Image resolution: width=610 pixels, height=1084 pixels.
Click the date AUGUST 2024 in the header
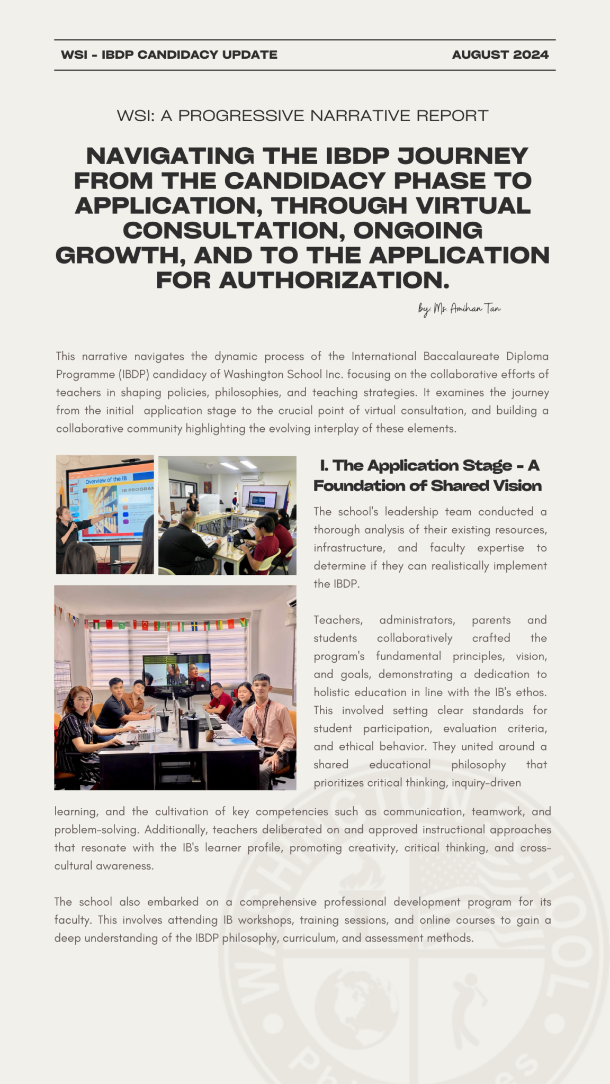pos(500,55)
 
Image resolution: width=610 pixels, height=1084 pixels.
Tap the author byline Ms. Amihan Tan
pos(459,308)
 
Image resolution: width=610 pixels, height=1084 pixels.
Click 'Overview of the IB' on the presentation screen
pos(106,480)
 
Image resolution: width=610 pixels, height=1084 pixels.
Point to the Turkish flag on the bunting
pos(145,625)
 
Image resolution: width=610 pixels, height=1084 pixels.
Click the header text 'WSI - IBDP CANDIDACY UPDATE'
pos(169,55)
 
